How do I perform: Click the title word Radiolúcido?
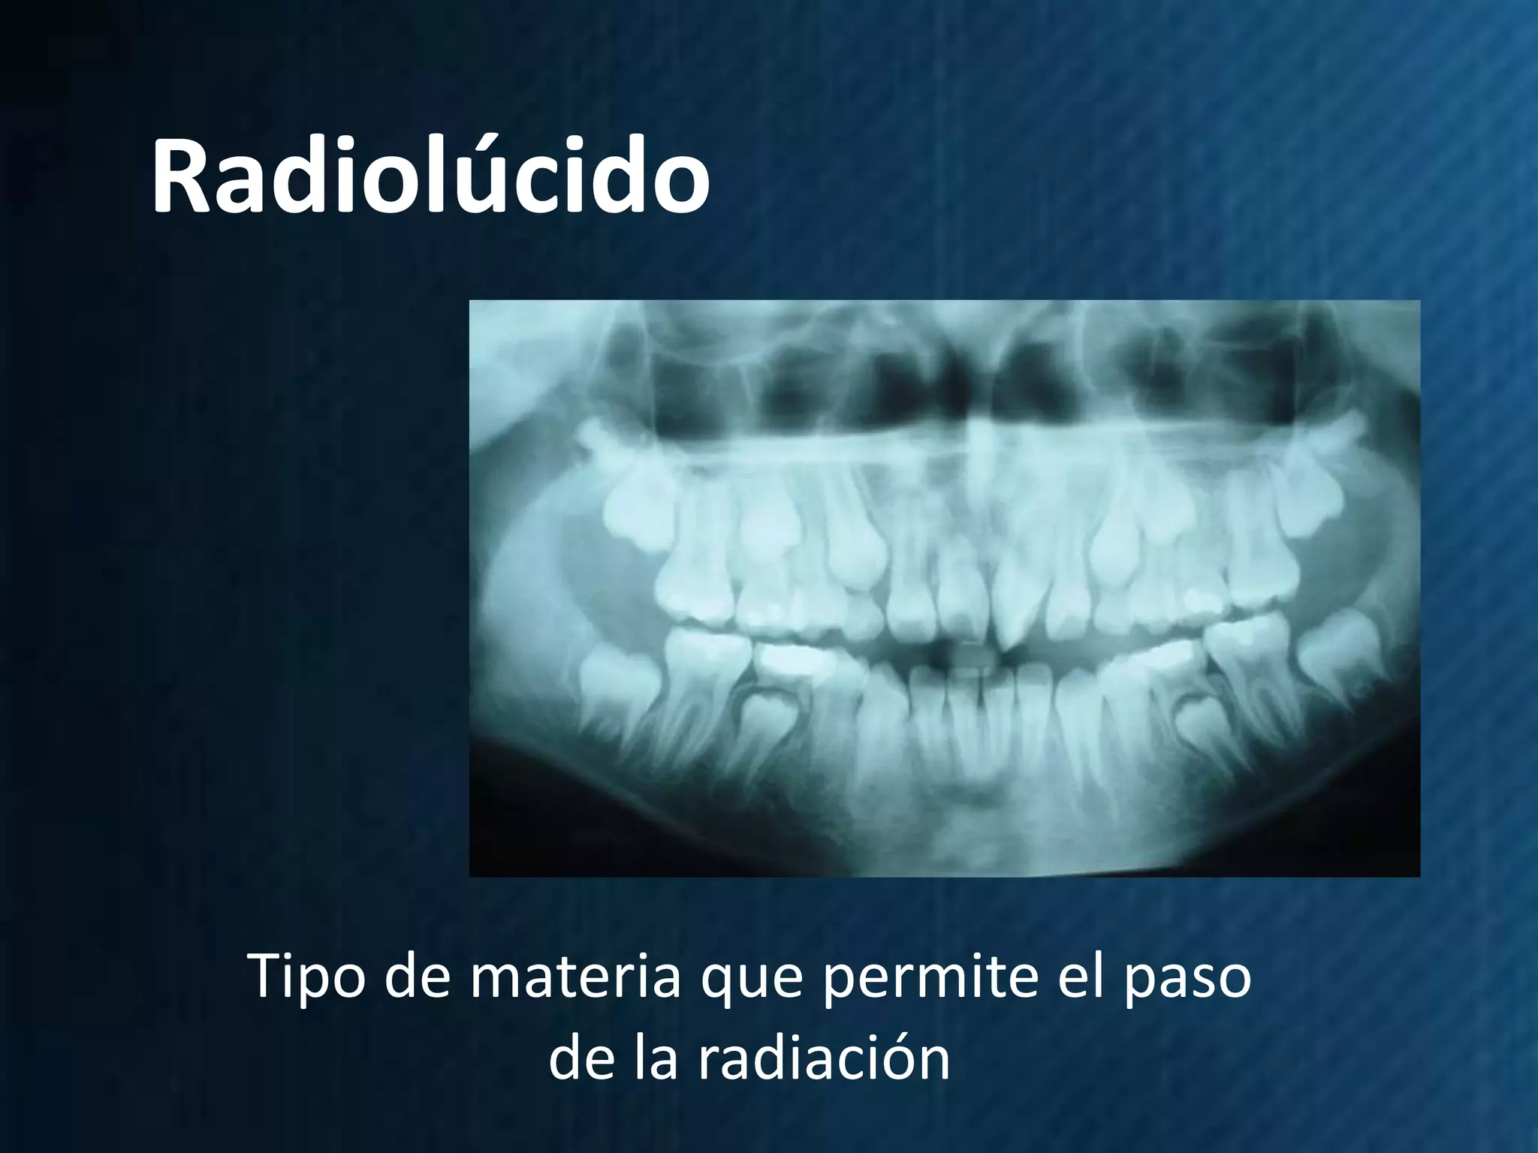(x=430, y=178)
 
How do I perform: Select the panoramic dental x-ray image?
(x=944, y=588)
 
